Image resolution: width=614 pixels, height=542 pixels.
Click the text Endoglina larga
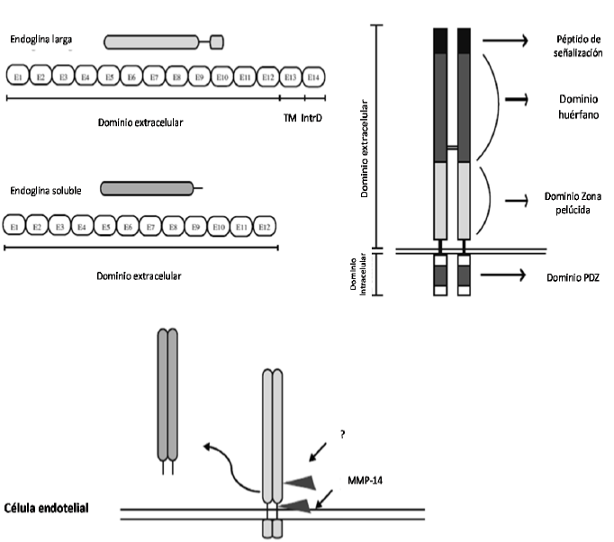pos(41,40)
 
